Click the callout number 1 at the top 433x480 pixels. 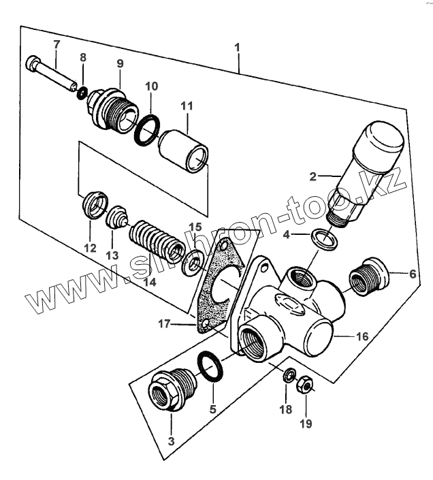pyautogui.click(x=237, y=48)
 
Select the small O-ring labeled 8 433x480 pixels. pyautogui.click(x=82, y=92)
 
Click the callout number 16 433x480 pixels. pyautogui.click(x=361, y=336)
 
